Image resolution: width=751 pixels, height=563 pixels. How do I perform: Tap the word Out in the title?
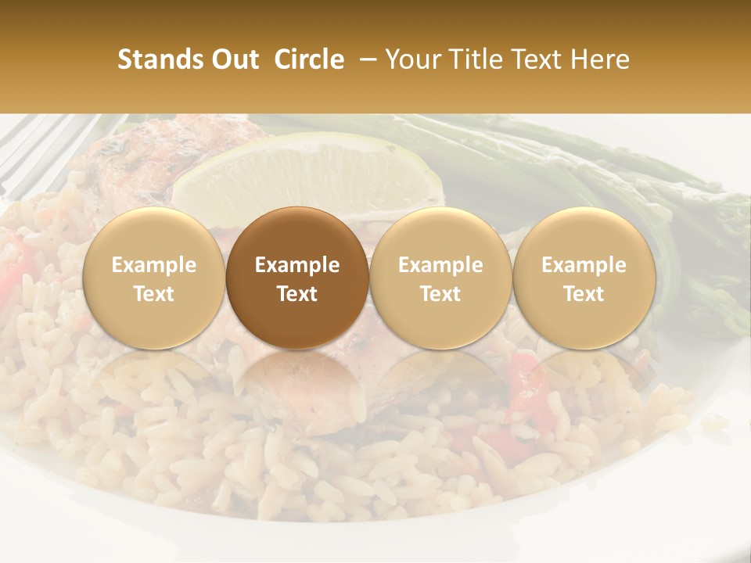232,59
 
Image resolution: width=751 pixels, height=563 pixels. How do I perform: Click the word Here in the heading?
600,59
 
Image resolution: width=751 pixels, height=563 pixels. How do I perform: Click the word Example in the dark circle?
297,265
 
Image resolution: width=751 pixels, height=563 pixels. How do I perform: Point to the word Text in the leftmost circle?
154,294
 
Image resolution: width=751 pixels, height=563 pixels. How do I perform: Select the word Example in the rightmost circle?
584,265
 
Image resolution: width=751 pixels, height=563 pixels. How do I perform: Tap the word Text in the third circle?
440,294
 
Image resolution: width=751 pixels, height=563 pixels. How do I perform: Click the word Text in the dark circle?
297,294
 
